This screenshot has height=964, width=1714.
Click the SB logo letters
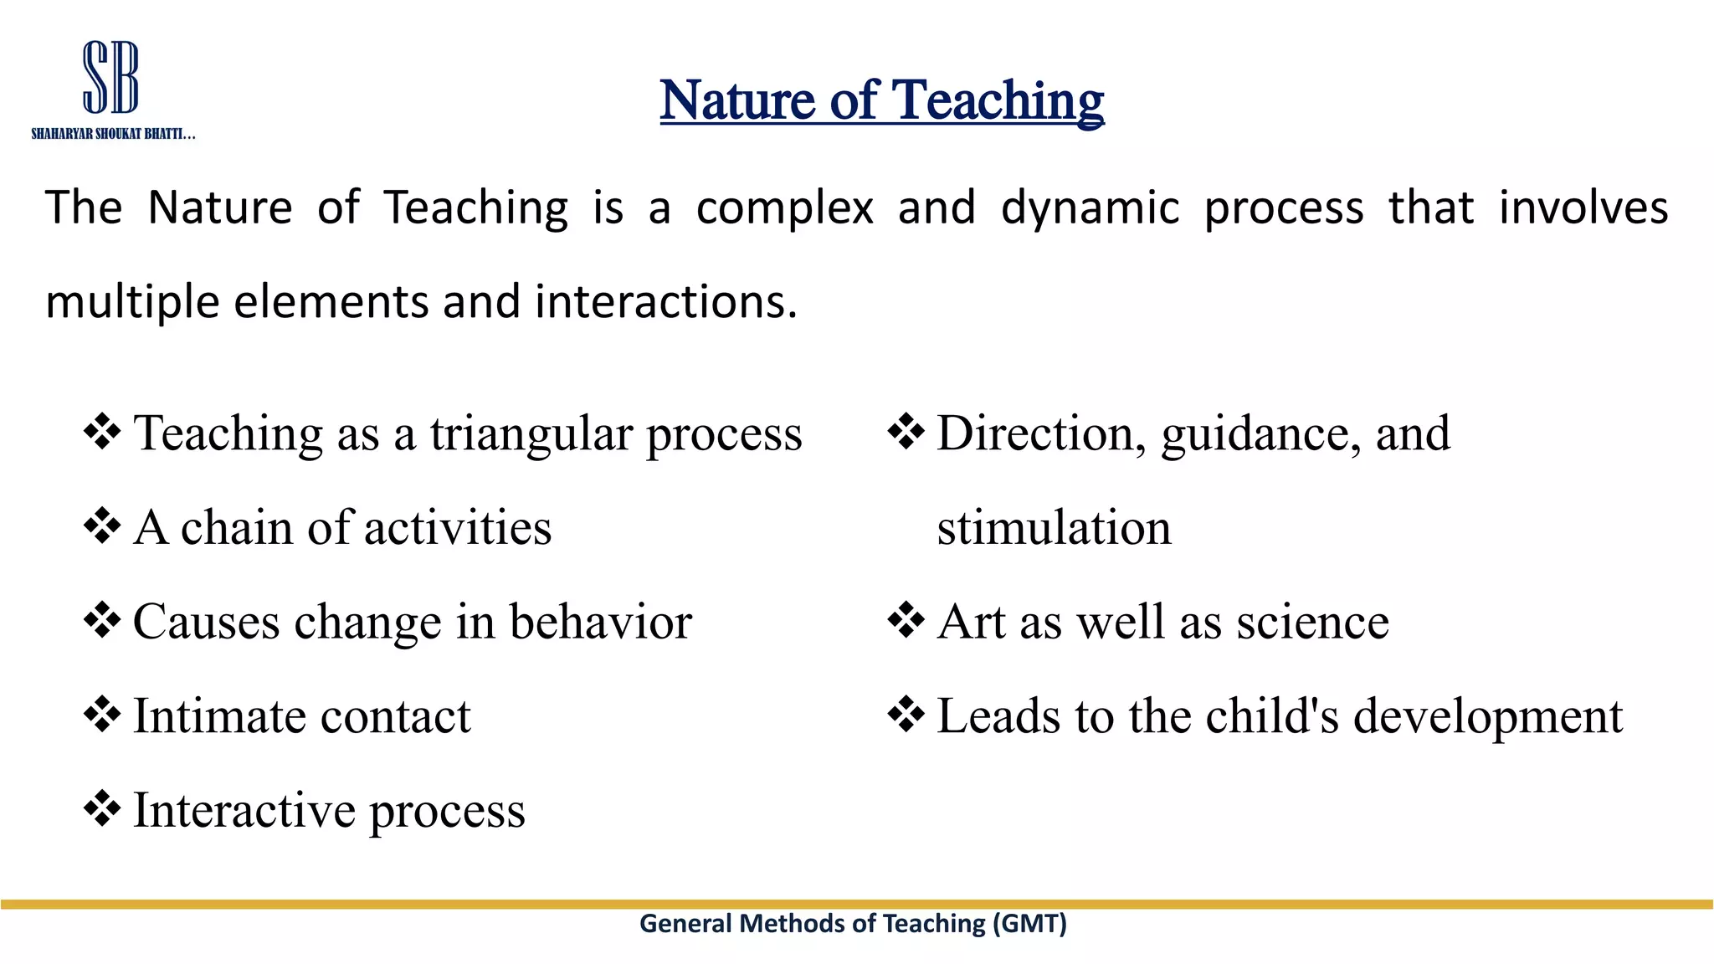coord(110,77)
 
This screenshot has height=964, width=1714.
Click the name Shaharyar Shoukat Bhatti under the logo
coord(113,134)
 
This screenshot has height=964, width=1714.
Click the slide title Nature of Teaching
coord(881,100)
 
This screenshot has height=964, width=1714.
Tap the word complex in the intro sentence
coord(784,208)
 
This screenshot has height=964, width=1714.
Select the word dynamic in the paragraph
coord(1090,208)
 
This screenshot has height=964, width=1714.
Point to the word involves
coord(1583,208)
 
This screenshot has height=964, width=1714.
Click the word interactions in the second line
coord(665,301)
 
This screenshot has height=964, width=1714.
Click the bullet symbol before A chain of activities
coord(102,526)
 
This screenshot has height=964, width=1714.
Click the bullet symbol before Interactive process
coord(102,809)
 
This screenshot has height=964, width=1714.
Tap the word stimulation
coord(1054,527)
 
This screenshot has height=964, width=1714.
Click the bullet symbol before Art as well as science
coord(906,621)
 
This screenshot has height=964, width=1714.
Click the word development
coord(1487,718)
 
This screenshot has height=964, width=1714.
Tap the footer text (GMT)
coord(1029,923)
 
